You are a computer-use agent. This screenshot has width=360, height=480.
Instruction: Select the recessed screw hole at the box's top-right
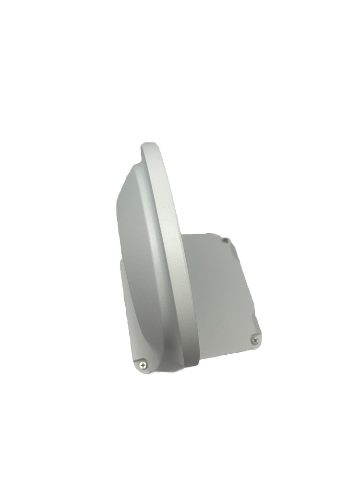click(225, 239)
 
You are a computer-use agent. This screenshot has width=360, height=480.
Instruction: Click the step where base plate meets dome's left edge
click(121, 262)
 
